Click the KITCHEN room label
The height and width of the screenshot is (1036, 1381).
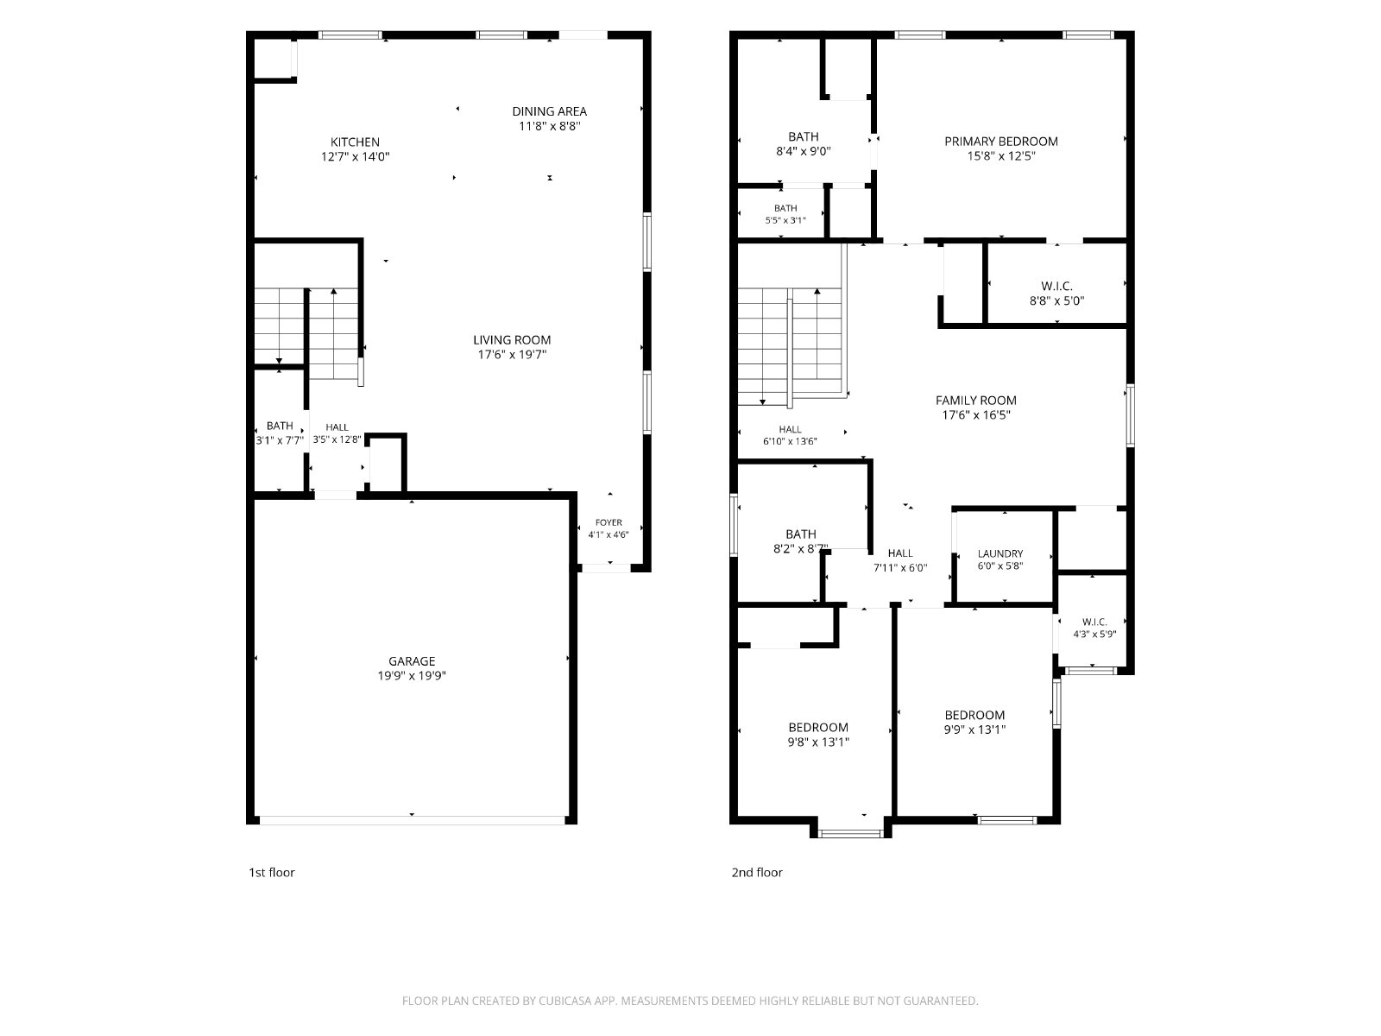(355, 142)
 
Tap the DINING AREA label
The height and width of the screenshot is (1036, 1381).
(549, 111)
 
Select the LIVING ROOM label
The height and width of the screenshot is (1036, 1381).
(512, 339)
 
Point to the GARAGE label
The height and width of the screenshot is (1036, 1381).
(412, 661)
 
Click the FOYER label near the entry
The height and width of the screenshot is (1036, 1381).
(609, 522)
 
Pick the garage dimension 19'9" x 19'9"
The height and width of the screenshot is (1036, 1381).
(412, 676)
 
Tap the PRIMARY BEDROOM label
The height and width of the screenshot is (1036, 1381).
(1001, 142)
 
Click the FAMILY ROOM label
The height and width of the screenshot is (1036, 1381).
(976, 400)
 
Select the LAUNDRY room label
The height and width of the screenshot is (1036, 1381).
(999, 553)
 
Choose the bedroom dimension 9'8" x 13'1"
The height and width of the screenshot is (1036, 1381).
(818, 742)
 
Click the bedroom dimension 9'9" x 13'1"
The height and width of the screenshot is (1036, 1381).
(974, 730)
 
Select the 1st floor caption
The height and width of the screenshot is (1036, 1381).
(272, 873)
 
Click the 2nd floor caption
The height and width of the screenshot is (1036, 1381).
(757, 873)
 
